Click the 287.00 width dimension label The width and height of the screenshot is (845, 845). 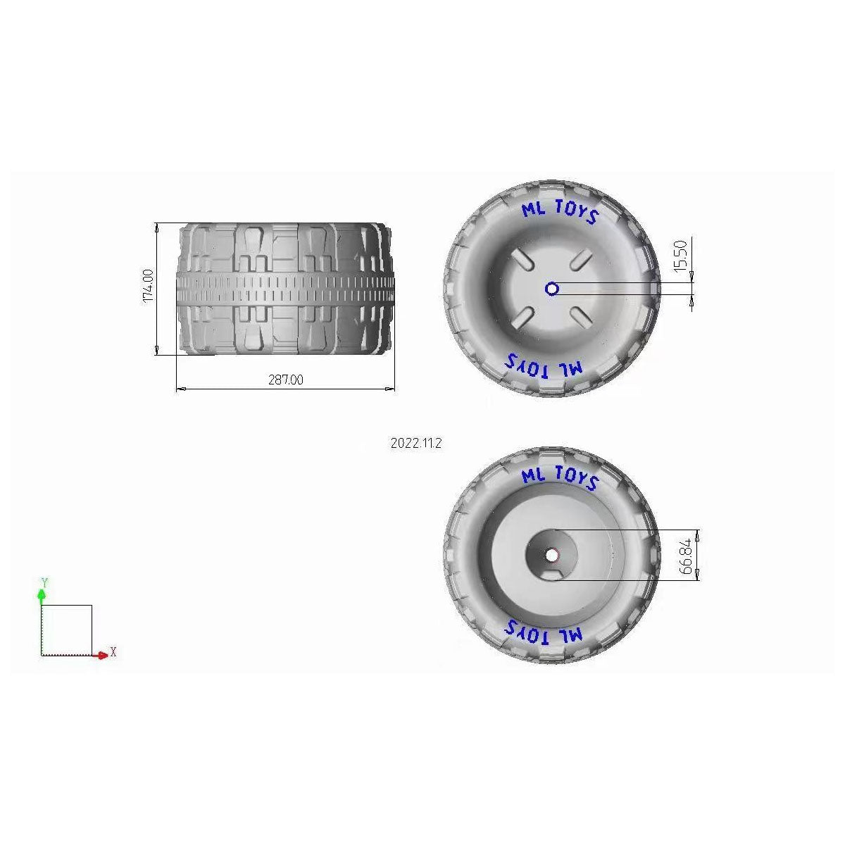click(x=286, y=380)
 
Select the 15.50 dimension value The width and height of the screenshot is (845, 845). click(x=680, y=255)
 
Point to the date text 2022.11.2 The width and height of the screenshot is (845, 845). click(x=415, y=444)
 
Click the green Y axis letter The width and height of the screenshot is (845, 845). click(x=44, y=583)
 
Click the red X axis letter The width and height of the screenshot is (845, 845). click(x=113, y=653)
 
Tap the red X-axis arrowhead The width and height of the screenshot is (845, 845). click(x=104, y=655)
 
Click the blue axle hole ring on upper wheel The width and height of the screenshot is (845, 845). click(x=552, y=288)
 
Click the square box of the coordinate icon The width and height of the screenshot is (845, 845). click(x=67, y=630)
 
